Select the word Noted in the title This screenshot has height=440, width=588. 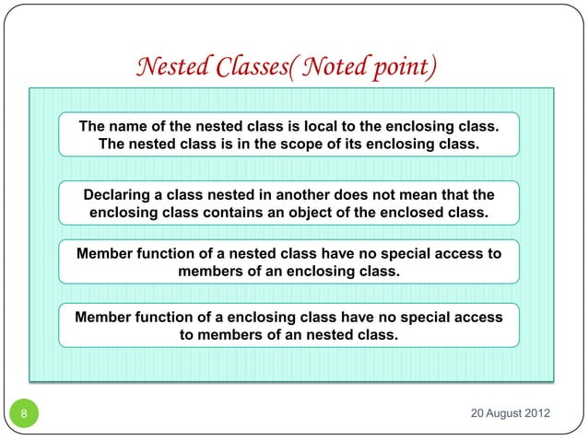pos(335,67)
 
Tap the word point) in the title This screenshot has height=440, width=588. pos(403,67)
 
